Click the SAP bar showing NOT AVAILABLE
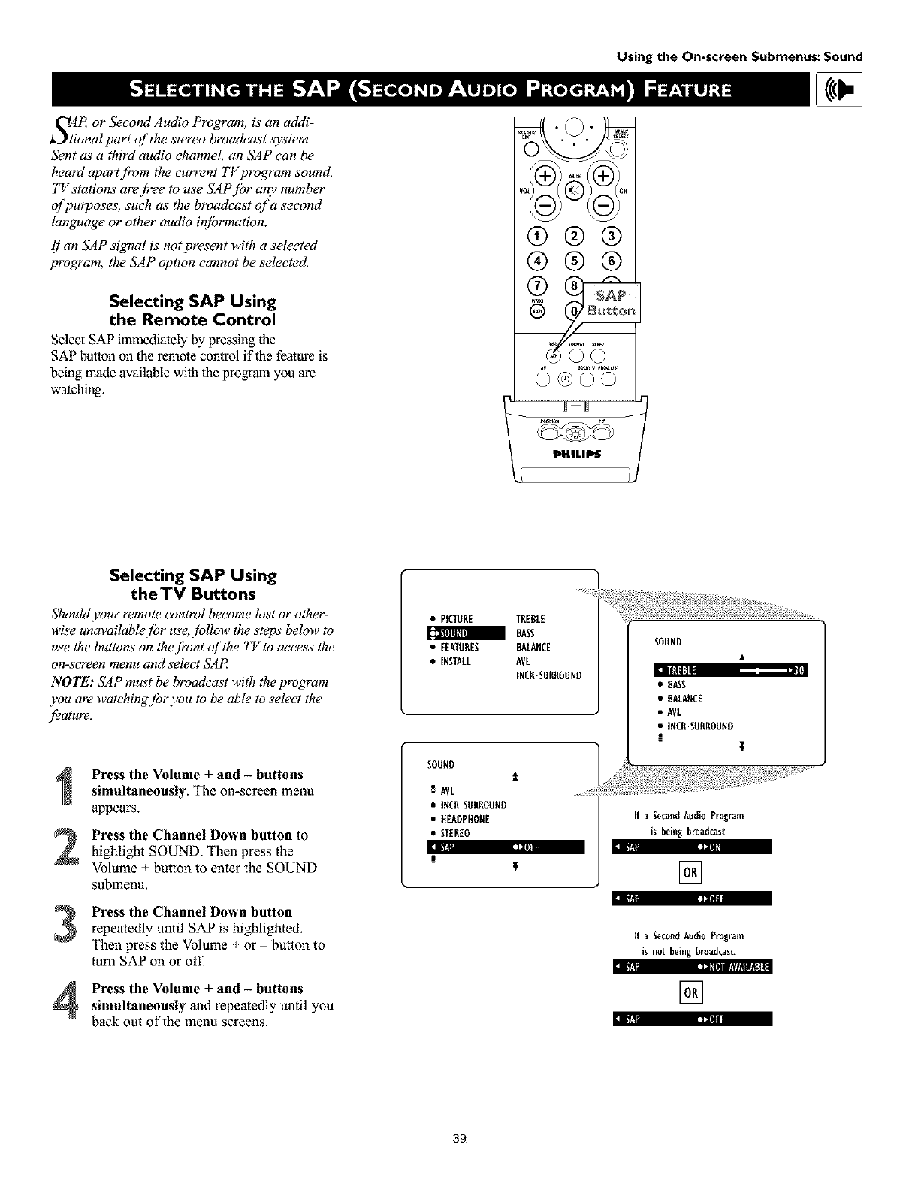[x=692, y=966]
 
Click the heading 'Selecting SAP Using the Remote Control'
[x=192, y=310]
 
